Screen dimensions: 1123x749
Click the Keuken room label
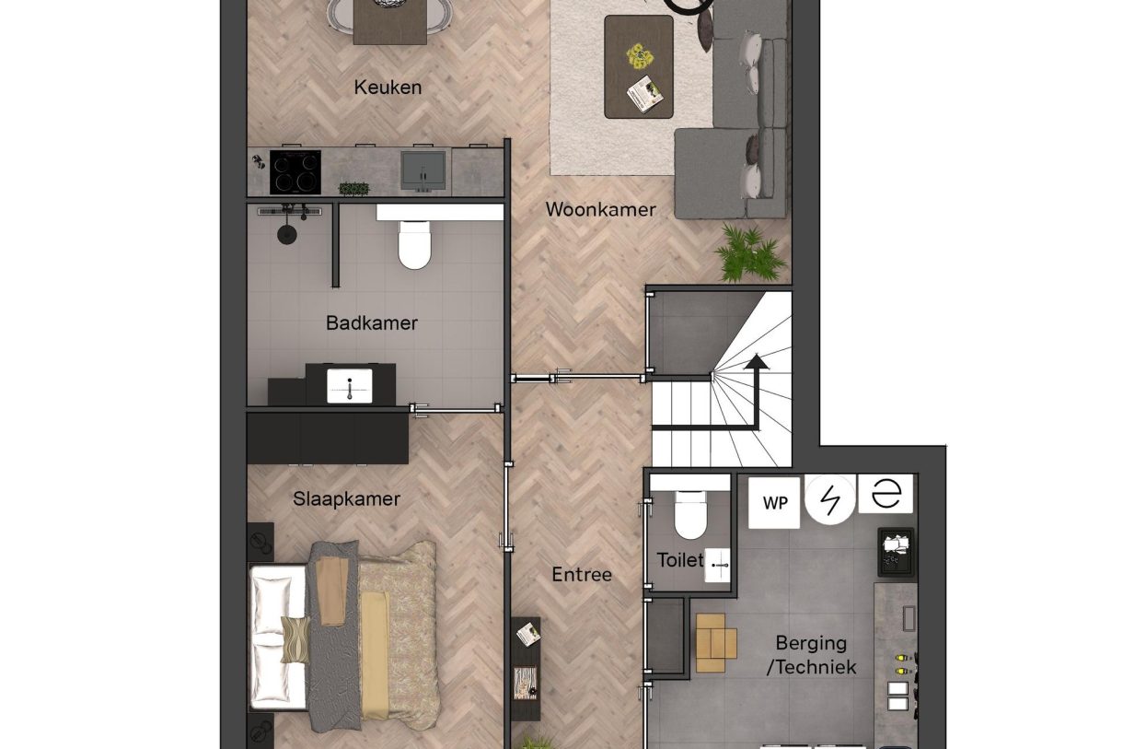[x=388, y=88]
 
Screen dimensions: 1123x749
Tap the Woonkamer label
[x=600, y=210]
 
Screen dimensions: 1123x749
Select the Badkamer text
[x=372, y=323]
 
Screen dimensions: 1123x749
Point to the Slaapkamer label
[x=346, y=498]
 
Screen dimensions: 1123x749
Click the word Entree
[x=582, y=574]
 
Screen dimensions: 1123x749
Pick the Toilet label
[x=680, y=560]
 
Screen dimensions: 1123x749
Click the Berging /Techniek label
[x=812, y=655]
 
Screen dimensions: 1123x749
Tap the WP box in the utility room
[x=774, y=503]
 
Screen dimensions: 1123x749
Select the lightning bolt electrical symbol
[x=830, y=499]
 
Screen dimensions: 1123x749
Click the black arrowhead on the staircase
[x=756, y=361]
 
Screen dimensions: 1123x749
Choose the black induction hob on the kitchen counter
[x=295, y=172]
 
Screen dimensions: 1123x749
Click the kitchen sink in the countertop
[x=423, y=171]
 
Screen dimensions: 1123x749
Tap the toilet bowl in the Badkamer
[x=414, y=245]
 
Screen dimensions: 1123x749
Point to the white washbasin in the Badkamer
[x=350, y=386]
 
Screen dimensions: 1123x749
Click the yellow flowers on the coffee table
[x=641, y=55]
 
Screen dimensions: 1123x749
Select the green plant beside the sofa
[x=749, y=253]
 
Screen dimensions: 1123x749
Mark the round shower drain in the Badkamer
[x=287, y=234]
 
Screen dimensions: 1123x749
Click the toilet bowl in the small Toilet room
[x=690, y=515]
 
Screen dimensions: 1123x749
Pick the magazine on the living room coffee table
[x=644, y=94]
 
